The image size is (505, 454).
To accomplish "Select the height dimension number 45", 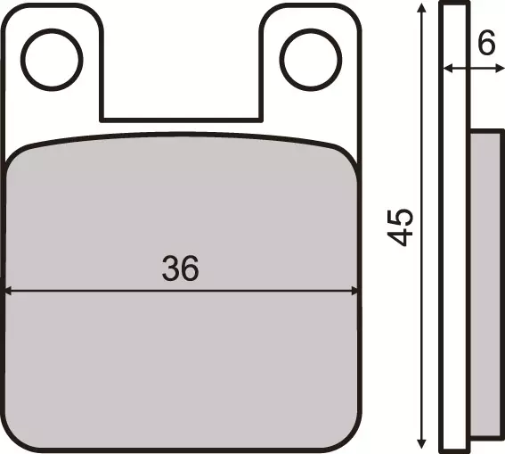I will [x=401, y=227].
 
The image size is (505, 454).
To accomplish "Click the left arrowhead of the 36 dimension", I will [x=9, y=290].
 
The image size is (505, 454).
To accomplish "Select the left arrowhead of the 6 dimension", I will [x=448, y=68].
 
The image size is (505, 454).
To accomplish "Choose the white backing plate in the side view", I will [x=455, y=223].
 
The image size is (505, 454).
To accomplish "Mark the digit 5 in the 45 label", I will [x=401, y=217].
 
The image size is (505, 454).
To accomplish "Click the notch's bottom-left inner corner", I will [x=102, y=120].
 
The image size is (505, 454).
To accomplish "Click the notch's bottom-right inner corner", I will [x=259, y=120].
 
